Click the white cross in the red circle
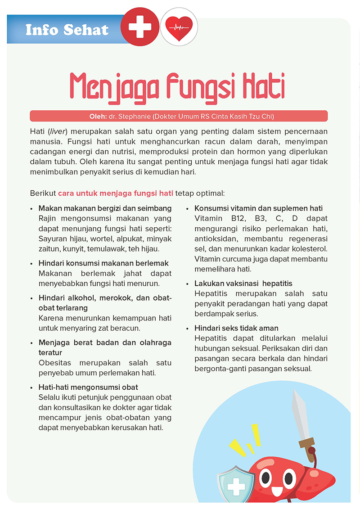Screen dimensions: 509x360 [x=139, y=27]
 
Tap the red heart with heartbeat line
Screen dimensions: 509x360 [x=179, y=27]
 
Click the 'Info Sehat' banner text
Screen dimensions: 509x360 [x=67, y=30]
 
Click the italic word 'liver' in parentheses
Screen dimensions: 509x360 [x=56, y=131]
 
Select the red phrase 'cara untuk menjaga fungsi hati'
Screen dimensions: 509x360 [x=116, y=194]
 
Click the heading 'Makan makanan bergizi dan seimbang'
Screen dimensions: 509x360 [x=105, y=208]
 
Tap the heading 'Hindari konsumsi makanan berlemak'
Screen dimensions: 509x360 [x=103, y=263]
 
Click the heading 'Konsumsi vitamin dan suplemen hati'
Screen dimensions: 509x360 [x=258, y=208]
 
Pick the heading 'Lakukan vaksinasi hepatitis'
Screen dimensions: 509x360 [x=243, y=284]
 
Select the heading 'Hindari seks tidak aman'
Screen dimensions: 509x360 [x=236, y=328]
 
